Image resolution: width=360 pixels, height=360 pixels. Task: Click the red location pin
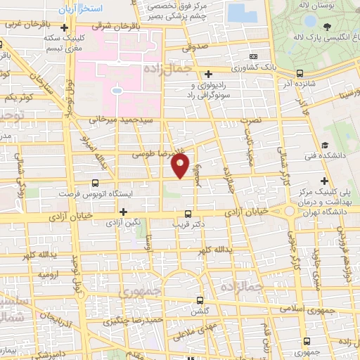pos(180,165)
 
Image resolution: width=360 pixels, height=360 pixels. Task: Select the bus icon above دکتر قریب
pos(187,214)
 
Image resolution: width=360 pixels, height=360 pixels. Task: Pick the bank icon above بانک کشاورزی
pos(254,57)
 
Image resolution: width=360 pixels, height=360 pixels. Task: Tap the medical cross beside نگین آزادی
pos(124,212)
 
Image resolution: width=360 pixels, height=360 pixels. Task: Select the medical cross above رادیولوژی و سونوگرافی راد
pos(208,73)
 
